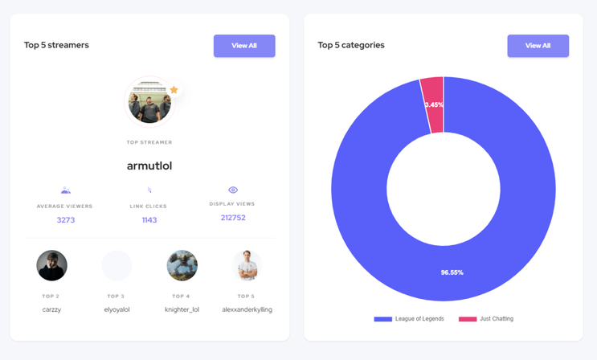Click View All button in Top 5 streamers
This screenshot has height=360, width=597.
(x=244, y=46)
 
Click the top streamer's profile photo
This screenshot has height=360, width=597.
(x=149, y=102)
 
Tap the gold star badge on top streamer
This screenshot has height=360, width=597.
(x=174, y=89)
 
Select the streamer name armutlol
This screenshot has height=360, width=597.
(x=149, y=166)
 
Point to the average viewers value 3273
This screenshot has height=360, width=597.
(x=66, y=219)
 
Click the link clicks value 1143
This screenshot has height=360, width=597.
(x=149, y=219)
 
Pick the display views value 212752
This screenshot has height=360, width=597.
(x=233, y=218)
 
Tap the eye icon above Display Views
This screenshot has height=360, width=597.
(x=233, y=190)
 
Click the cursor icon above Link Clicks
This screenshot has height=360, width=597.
(x=149, y=190)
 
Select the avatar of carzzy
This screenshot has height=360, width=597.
(x=51, y=265)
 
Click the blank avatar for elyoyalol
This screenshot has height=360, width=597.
(x=117, y=265)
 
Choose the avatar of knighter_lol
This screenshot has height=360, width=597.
(x=182, y=265)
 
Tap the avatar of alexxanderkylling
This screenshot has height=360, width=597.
(x=247, y=265)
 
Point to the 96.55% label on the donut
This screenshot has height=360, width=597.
(x=452, y=272)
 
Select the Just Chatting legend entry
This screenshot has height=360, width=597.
(x=486, y=319)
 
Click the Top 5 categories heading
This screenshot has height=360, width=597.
(x=351, y=45)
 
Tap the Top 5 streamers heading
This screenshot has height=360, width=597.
(x=56, y=45)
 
